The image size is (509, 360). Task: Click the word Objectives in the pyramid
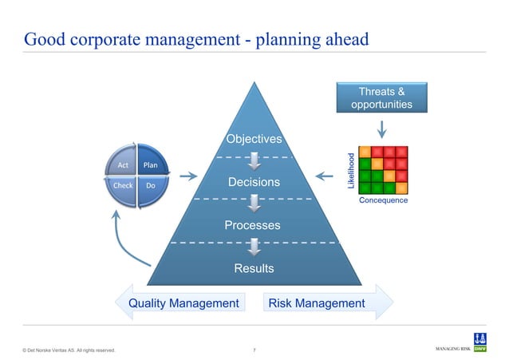tap(254, 140)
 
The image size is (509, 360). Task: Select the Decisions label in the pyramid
tap(254, 183)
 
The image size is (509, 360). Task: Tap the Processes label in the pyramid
tap(254, 226)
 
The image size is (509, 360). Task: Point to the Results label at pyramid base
tap(254, 268)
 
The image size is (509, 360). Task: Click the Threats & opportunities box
tap(381, 97)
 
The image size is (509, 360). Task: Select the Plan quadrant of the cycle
tap(150, 166)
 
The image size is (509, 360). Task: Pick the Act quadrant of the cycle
tap(124, 166)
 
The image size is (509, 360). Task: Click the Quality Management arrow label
tap(183, 303)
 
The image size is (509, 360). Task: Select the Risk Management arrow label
tap(317, 303)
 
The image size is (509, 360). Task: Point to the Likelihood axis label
tap(349, 170)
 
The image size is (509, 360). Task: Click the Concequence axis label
tap(384, 201)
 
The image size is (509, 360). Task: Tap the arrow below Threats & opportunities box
tap(381, 128)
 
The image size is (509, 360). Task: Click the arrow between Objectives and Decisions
tap(254, 161)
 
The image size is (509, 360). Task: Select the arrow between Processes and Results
tap(254, 247)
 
